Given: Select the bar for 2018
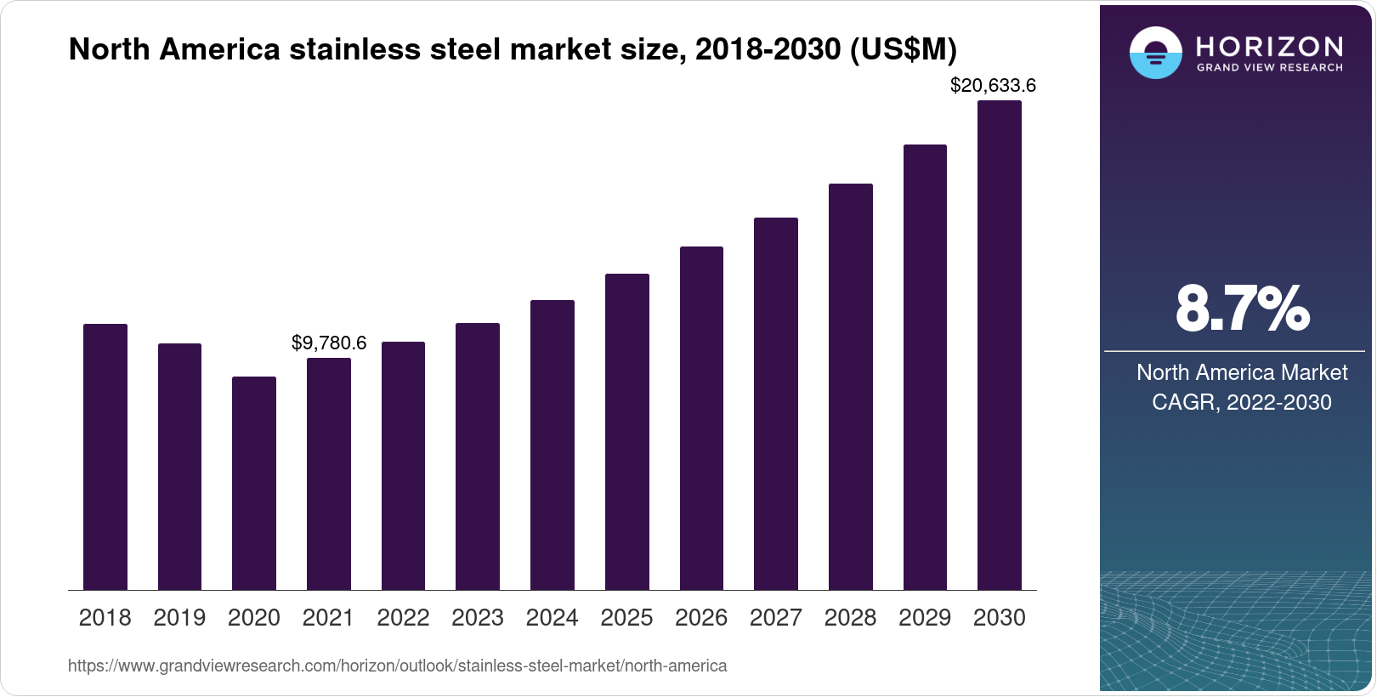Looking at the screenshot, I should (x=105, y=456).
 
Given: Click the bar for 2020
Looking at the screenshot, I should (x=254, y=483).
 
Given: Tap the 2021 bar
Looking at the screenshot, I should (x=328, y=473).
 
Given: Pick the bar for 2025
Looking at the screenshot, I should (x=626, y=432).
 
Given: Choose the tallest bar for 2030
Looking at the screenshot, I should (x=999, y=345).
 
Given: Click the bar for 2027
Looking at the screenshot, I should (x=775, y=404).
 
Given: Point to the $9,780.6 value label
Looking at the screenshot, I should (x=329, y=343).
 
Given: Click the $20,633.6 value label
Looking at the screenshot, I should (x=993, y=85).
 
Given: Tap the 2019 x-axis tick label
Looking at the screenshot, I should (x=179, y=617).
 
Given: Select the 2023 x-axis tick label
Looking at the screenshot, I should (x=478, y=617).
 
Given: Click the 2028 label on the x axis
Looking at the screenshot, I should (x=850, y=617).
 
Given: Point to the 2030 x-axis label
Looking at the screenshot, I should (x=999, y=617).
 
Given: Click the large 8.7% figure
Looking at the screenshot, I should (x=1242, y=309).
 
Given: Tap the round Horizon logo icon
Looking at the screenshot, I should (x=1155, y=53).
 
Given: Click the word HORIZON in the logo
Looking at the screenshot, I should (x=1270, y=46).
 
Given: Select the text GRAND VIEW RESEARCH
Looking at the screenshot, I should (x=1270, y=67).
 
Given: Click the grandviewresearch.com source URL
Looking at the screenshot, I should (x=397, y=666).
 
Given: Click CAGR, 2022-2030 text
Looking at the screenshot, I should (x=1241, y=402).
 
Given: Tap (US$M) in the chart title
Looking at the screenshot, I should (x=903, y=49).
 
